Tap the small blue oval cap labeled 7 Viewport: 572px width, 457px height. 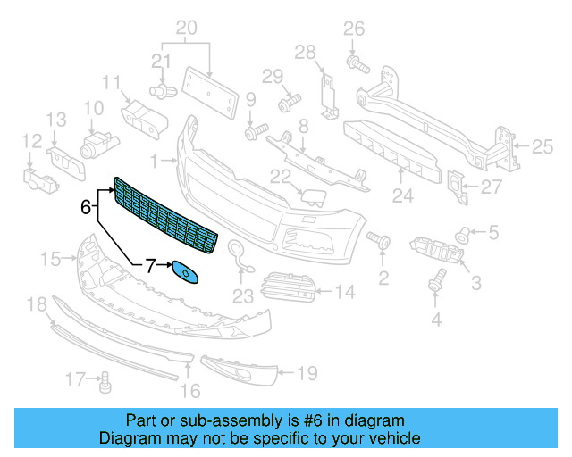[185, 272]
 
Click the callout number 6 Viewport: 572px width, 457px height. [85, 207]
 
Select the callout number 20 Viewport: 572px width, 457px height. [186, 29]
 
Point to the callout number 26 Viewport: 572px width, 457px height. [355, 28]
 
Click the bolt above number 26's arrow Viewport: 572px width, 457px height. [355, 62]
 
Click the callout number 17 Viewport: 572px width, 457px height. [77, 381]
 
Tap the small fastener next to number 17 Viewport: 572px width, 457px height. [105, 383]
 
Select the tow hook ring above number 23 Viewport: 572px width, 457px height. [238, 253]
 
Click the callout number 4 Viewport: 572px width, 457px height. [436, 320]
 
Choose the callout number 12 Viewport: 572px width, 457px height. [31, 140]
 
